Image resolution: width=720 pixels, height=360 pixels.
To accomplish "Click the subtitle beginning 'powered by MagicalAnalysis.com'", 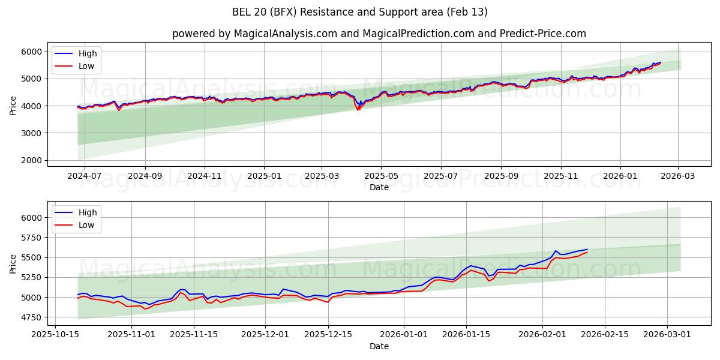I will pyautogui.click(x=379, y=34).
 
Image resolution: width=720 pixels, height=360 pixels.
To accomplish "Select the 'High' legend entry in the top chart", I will pyautogui.click(x=88, y=53).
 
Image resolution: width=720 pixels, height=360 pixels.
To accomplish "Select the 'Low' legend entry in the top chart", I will pyautogui.click(x=86, y=66).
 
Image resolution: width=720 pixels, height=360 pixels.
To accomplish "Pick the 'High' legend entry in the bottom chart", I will pyautogui.click(x=88, y=212).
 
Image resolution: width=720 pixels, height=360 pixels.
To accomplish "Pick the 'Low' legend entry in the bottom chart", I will pyautogui.click(x=86, y=224).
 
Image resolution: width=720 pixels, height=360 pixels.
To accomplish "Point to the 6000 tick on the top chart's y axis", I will pyautogui.click(x=32, y=52).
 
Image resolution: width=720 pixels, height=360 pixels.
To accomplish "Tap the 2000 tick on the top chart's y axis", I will pyautogui.click(x=32, y=160).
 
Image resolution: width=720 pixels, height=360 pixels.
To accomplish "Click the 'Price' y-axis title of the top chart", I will pyautogui.click(x=13, y=106).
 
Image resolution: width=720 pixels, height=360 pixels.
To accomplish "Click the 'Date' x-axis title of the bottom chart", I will pyautogui.click(x=379, y=346).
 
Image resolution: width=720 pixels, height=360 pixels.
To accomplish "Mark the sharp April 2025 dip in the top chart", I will pyautogui.click(x=359, y=109).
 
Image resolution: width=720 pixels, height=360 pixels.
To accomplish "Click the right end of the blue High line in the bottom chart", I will pyautogui.click(x=587, y=249).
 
